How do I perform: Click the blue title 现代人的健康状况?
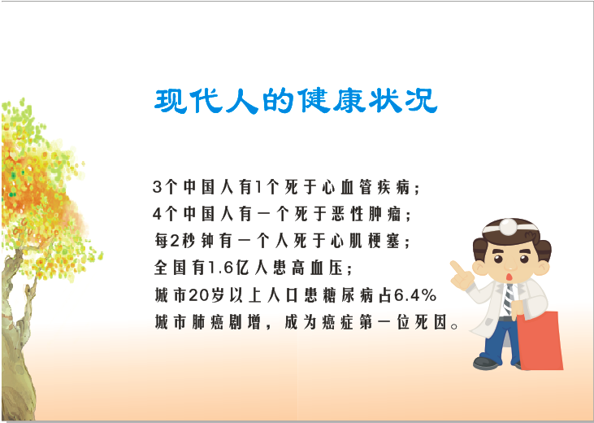click(x=296, y=101)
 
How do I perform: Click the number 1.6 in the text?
click(x=220, y=268)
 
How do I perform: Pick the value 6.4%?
click(x=415, y=295)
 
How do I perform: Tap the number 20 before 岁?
click(x=199, y=295)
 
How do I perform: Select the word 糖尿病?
click(x=348, y=295)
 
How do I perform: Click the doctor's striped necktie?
click(x=509, y=299)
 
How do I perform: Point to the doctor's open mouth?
click(x=510, y=277)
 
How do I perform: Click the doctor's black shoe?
click(x=486, y=363)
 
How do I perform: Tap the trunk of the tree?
click(x=17, y=342)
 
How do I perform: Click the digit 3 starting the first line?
click(x=157, y=187)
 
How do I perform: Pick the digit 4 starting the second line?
click(x=157, y=214)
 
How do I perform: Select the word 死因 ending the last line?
click(x=431, y=322)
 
